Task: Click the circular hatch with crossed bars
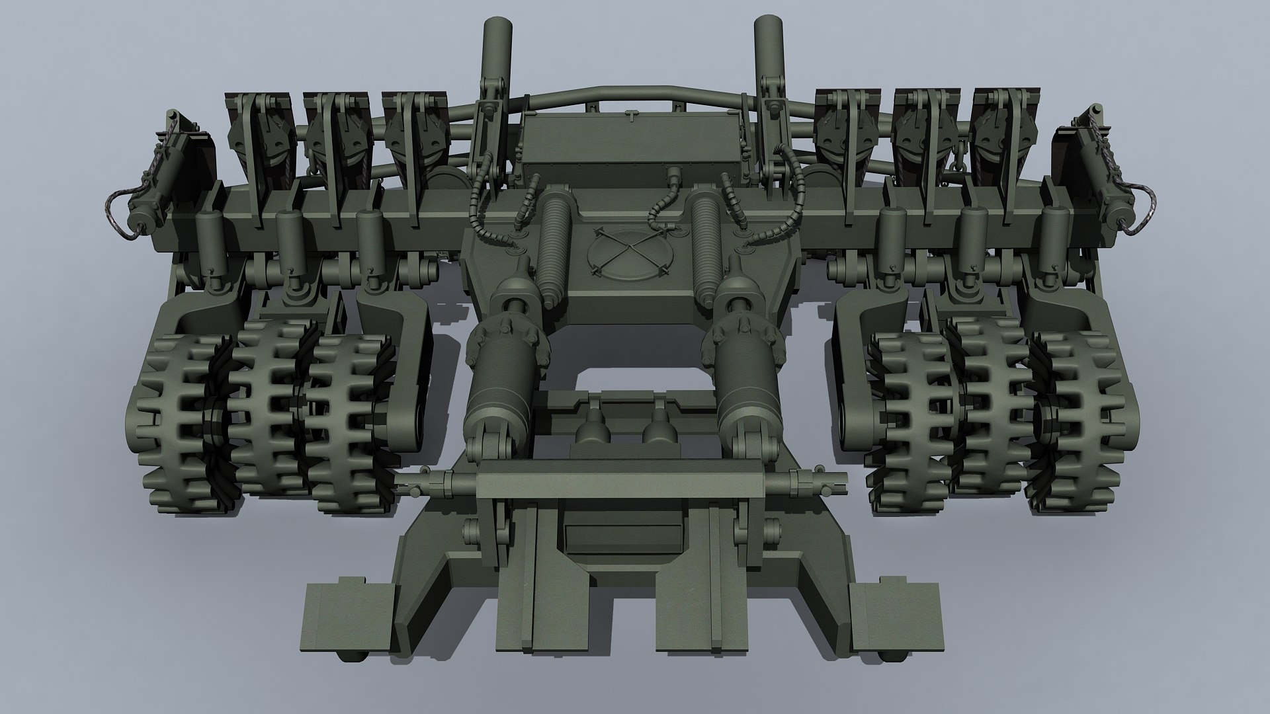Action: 626,253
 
